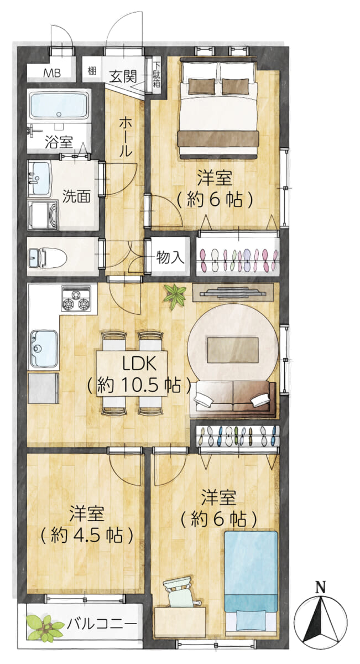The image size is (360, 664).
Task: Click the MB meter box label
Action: pos(52,73)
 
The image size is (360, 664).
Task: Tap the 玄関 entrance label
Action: pos(123,76)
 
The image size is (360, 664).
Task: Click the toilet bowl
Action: pos(53,257)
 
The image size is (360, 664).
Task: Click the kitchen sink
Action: pos(44,348)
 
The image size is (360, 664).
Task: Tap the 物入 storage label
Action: pos(170,257)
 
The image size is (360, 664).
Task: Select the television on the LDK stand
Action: pos(233,292)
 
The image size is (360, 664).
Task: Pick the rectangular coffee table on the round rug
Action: pos(233,350)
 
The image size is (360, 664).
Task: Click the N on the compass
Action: pos(320,587)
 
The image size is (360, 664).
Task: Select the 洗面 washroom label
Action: pos(76,196)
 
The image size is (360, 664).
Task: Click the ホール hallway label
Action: pos(125,138)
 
